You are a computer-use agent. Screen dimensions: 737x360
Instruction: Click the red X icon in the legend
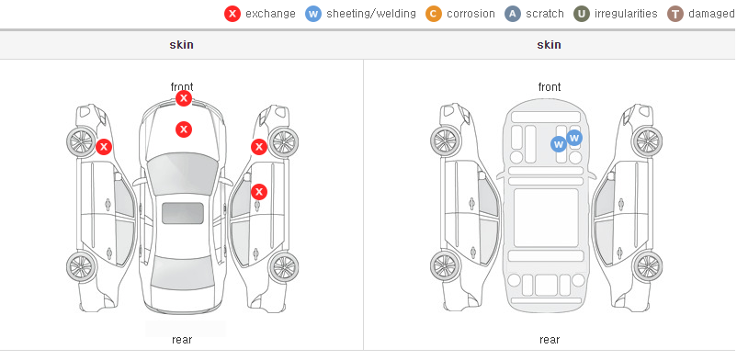232,14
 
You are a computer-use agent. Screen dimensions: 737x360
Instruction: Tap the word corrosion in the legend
471,14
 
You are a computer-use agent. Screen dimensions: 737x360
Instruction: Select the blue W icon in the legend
313,14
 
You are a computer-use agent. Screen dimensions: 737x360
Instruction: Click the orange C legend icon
434,14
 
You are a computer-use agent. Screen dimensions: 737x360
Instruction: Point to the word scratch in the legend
545,14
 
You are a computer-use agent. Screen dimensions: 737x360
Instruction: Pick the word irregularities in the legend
626,14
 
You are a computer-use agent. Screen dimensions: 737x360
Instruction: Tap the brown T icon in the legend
675,14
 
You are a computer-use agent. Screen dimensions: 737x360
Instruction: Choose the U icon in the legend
582,14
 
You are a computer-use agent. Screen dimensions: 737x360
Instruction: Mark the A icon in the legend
513,14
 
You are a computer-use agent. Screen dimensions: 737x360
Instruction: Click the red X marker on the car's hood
184,129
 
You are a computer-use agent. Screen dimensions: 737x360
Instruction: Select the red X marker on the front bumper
184,98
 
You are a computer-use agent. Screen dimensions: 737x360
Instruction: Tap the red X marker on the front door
259,192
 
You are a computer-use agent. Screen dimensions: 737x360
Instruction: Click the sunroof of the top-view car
183,213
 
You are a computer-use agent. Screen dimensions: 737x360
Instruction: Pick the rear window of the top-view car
183,274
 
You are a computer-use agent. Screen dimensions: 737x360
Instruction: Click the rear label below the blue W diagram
550,339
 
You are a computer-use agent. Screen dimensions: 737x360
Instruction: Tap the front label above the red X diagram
182,87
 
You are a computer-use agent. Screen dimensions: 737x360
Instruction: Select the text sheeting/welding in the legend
371,14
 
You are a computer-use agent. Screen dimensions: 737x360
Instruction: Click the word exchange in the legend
270,14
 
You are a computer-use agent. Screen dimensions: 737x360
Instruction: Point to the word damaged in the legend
711,14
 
